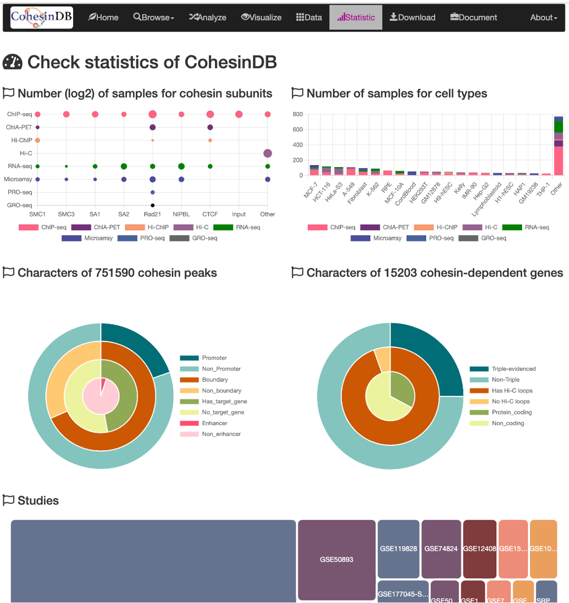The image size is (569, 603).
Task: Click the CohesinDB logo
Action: click(x=42, y=17)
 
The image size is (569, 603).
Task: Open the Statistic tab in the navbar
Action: click(x=356, y=17)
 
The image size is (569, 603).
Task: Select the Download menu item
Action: click(x=413, y=17)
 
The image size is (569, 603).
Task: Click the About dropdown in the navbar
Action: click(x=543, y=17)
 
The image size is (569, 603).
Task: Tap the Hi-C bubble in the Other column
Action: click(x=268, y=153)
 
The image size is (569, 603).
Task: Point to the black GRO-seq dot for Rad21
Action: click(x=152, y=205)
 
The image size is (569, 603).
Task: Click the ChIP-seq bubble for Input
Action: click(x=239, y=114)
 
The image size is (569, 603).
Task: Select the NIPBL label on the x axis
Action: click(x=181, y=215)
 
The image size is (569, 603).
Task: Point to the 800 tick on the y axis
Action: click(x=298, y=114)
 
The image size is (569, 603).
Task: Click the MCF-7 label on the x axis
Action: click(x=311, y=189)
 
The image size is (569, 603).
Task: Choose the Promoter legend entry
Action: click(x=214, y=358)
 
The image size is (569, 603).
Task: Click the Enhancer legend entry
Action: click(x=214, y=423)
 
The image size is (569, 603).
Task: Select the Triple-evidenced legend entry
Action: click(x=513, y=369)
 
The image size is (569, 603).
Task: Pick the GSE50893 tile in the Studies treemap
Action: click(x=337, y=560)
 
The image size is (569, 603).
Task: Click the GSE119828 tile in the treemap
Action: click(x=398, y=549)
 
